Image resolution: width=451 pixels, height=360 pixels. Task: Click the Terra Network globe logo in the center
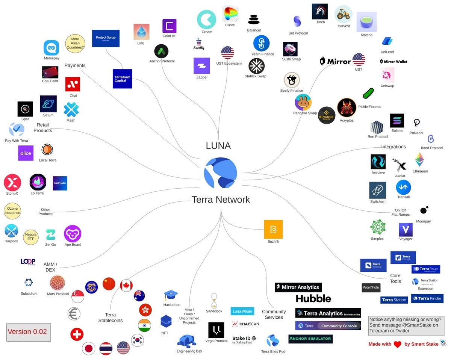(x=221, y=173)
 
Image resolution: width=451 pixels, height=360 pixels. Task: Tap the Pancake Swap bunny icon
(x=303, y=102)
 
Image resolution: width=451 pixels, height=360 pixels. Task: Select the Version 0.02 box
(x=29, y=331)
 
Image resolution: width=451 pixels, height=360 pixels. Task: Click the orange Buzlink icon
(x=273, y=229)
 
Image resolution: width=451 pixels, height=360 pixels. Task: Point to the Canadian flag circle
(x=126, y=286)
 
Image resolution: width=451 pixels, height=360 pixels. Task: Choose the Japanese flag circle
(x=89, y=348)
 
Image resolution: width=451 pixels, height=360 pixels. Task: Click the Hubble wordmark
(x=313, y=299)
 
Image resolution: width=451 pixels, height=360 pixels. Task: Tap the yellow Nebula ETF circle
(x=31, y=237)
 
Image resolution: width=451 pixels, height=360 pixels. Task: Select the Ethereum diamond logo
(x=420, y=160)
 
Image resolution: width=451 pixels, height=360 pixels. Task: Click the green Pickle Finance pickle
(x=368, y=93)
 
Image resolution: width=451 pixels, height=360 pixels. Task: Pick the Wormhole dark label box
(x=371, y=288)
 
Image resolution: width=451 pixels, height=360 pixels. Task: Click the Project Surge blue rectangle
(x=106, y=38)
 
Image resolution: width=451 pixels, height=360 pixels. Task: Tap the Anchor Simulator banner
(x=310, y=339)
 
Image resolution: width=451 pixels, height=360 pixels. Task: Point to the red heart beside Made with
(x=397, y=344)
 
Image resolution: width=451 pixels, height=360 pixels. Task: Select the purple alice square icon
(x=26, y=153)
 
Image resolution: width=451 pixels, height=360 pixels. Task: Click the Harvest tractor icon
(x=343, y=14)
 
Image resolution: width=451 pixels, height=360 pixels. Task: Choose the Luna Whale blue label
(x=242, y=311)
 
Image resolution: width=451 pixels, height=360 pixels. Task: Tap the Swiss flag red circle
(x=77, y=334)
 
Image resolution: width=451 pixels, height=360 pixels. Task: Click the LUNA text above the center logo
(x=218, y=146)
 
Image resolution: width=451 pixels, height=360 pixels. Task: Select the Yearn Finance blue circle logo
(x=261, y=43)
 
